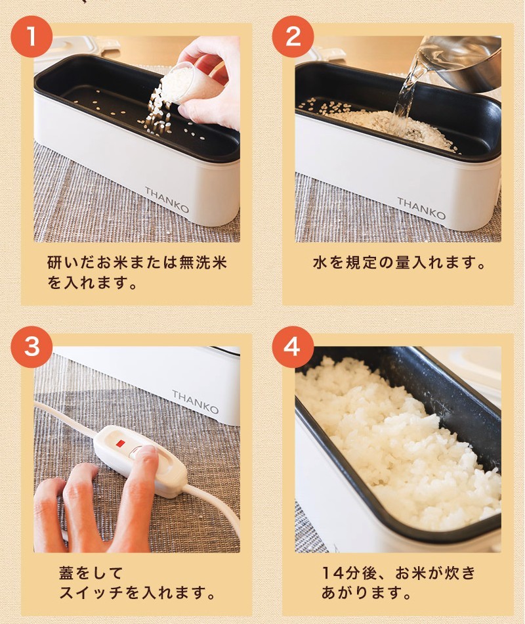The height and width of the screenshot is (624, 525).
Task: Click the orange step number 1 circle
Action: tap(31, 37)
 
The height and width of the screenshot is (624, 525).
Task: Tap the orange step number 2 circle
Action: tap(293, 37)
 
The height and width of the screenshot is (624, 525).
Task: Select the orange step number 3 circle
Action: tap(31, 347)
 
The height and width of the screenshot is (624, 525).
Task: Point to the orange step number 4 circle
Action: tap(293, 347)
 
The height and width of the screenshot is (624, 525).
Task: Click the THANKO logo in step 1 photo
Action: tap(167, 200)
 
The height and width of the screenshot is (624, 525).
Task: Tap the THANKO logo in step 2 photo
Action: tap(421, 208)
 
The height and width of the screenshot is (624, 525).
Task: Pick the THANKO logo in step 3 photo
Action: tap(196, 401)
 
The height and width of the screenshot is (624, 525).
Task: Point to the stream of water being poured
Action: tap(406, 99)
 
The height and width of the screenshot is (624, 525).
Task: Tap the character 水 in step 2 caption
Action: tap(320, 263)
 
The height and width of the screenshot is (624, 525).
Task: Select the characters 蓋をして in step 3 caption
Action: tap(91, 573)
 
